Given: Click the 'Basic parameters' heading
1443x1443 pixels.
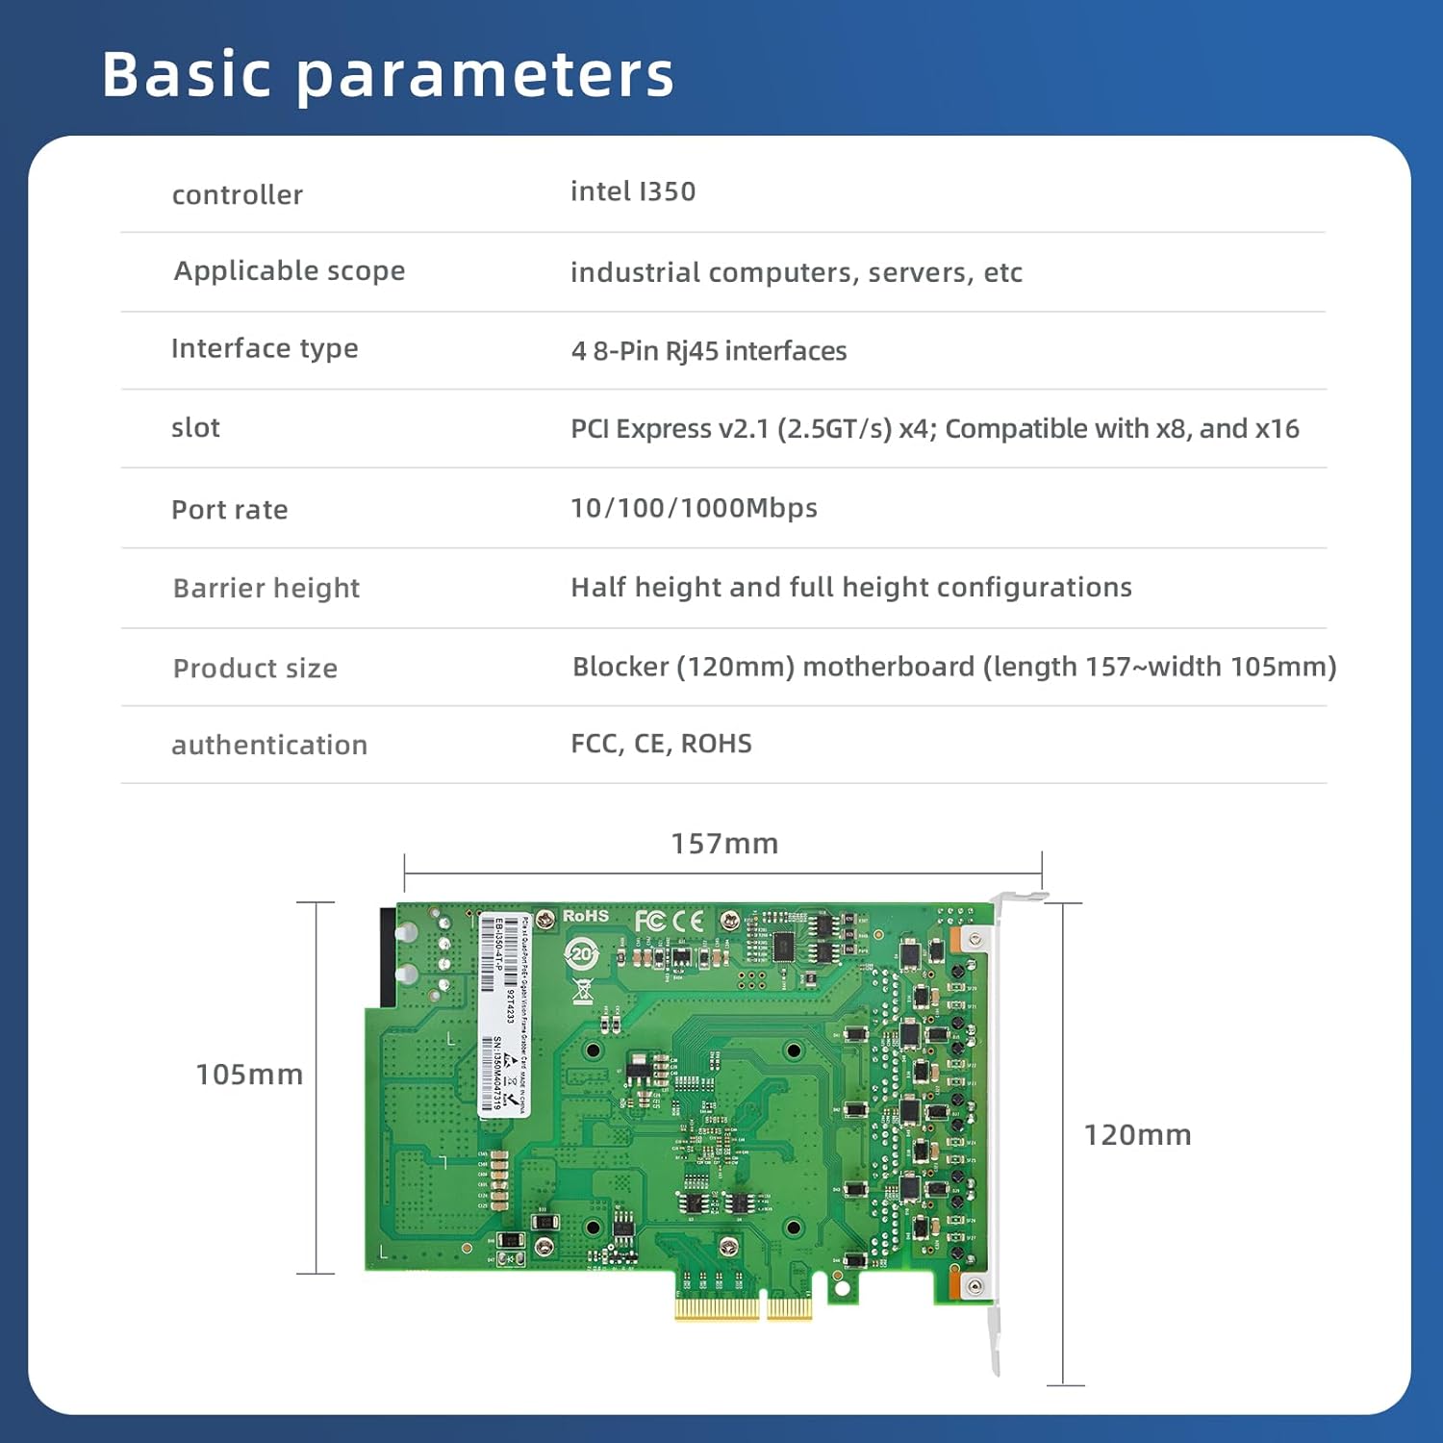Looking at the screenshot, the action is [388, 74].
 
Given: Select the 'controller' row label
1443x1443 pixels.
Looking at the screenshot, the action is [237, 195].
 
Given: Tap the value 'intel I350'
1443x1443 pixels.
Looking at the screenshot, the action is [632, 191].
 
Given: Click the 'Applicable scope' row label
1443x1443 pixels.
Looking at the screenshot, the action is [289, 271].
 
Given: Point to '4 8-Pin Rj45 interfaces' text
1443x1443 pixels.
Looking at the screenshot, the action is [708, 351].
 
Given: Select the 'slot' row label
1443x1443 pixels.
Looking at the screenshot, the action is [195, 428].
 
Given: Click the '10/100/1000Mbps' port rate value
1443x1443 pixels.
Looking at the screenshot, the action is [694, 508].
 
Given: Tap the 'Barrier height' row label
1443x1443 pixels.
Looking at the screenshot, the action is [266, 588].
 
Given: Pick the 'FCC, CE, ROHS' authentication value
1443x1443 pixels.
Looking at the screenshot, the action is [661, 744].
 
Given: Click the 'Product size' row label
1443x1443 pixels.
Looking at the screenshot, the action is [255, 669].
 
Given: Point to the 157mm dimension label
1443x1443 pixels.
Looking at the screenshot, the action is [724, 844].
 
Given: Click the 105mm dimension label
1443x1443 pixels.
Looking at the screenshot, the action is [249, 1075].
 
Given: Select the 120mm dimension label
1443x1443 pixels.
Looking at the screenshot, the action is [1137, 1135].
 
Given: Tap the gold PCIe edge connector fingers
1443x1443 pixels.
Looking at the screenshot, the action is [742, 1307].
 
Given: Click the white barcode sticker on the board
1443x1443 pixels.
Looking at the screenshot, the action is [504, 1015].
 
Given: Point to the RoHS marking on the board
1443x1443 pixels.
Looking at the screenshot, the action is [585, 916].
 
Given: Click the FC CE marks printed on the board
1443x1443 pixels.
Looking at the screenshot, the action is [669, 922].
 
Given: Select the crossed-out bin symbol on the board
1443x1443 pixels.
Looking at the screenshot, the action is [582, 991].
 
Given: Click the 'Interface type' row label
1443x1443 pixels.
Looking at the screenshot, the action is [265, 348].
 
